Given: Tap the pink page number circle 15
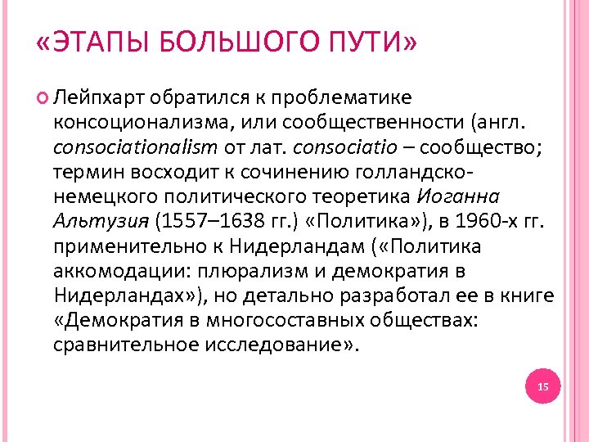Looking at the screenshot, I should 543,386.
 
